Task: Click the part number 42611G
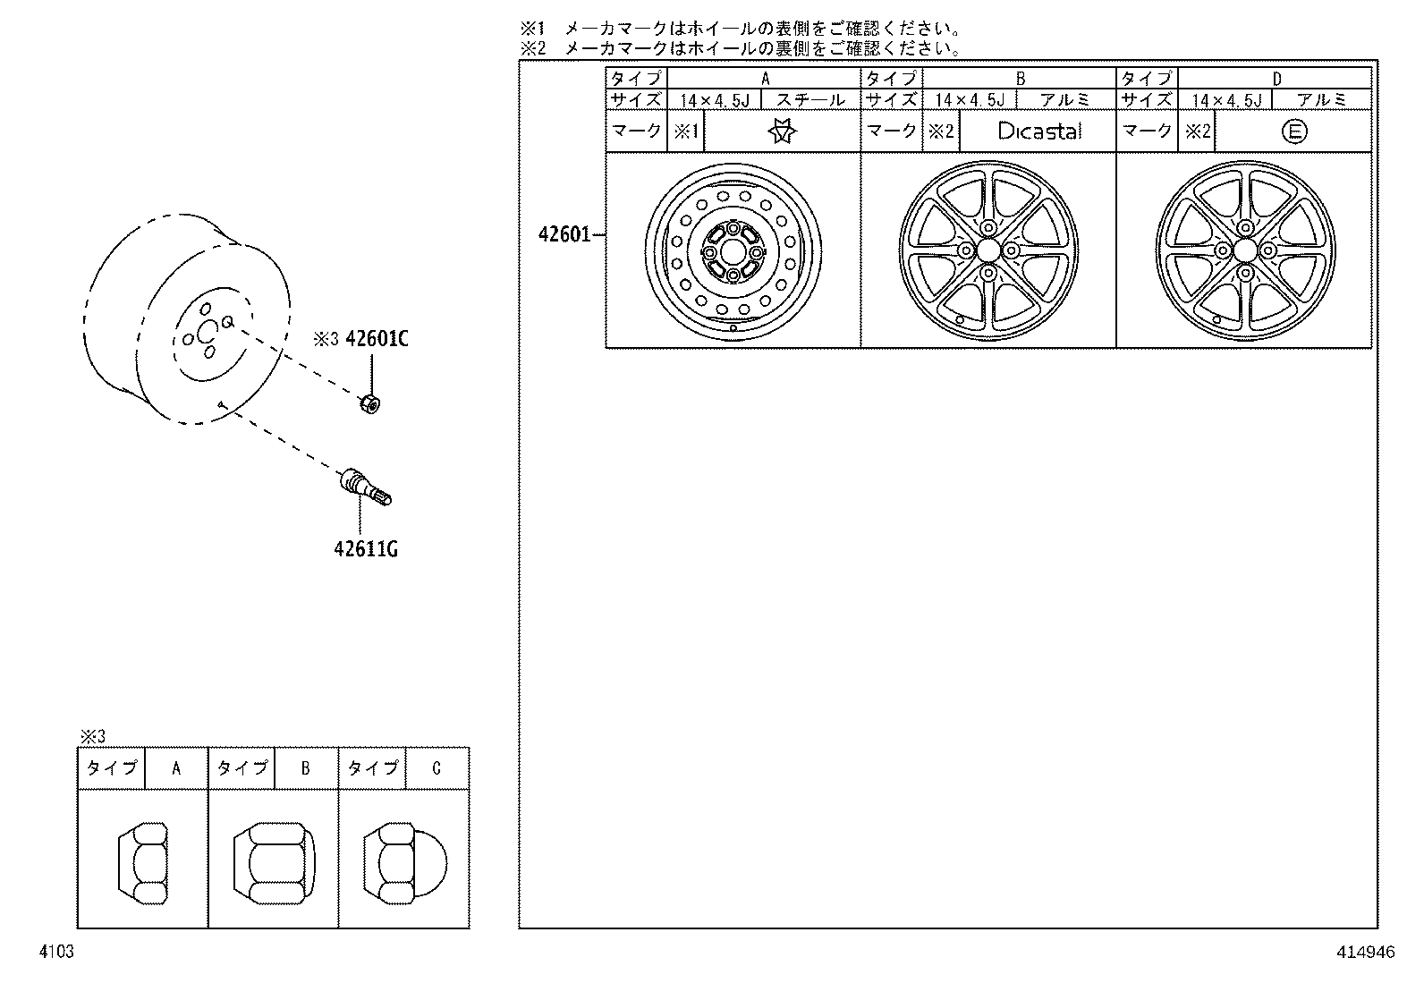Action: [365, 548]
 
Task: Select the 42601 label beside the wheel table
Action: [564, 234]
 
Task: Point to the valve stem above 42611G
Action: [365, 487]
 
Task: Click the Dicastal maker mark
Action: [1038, 131]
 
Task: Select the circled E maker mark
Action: [1293, 132]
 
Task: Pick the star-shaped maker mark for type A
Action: [783, 132]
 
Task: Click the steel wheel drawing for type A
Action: [733, 252]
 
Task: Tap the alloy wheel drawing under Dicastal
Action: [988, 250]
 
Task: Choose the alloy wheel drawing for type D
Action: [1244, 250]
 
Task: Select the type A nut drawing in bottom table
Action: [143, 864]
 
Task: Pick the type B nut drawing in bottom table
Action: [274, 864]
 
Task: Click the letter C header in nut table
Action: [436, 768]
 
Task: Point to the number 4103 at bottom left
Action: [55, 953]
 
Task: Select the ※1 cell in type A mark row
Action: [685, 132]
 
